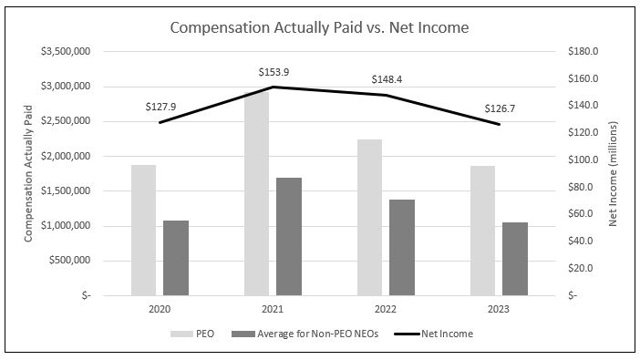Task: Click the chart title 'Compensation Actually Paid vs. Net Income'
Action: coord(319,28)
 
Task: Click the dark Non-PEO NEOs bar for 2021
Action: coord(289,236)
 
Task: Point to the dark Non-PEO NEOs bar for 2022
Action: coord(402,247)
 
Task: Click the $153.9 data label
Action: coord(273,71)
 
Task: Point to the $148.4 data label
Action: coord(387,79)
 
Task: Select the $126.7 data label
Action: coord(500,108)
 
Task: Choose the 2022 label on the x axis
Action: coord(386,310)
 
